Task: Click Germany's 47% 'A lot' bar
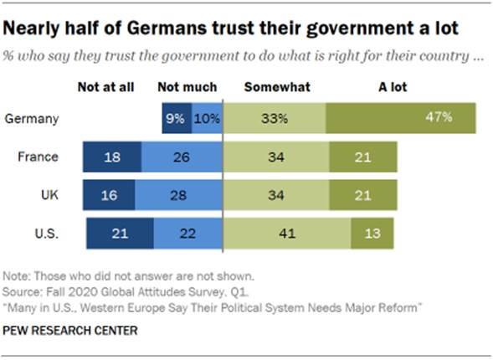401,118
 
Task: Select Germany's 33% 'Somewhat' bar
275,118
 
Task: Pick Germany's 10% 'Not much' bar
206,118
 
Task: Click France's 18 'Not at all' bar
112,157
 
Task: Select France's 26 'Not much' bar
182,157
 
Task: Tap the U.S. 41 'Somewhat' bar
287,234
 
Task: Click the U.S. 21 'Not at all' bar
120,234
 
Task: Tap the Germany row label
32,118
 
